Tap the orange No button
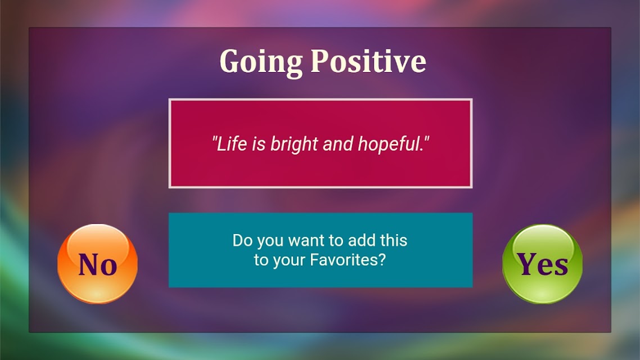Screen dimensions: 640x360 [97, 264]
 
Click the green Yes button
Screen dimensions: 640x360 [543, 264]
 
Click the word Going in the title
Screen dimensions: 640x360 [261, 62]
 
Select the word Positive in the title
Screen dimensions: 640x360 [368, 61]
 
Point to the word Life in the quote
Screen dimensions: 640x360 [232, 143]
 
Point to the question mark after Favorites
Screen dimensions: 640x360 [382, 259]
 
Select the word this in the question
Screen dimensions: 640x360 [394, 240]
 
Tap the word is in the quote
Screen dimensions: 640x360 [259, 143]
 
